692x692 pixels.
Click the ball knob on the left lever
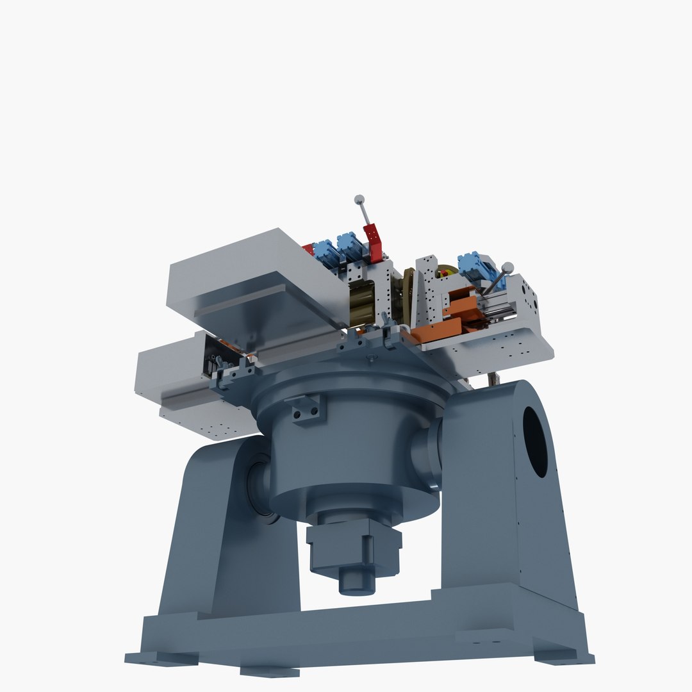pyautogui.click(x=359, y=199)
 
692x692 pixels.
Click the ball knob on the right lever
pyautogui.click(x=507, y=267)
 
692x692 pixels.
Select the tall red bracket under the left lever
pyautogui.click(x=373, y=243)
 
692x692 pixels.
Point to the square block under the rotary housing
pyautogui.click(x=354, y=547)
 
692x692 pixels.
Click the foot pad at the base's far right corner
pyautogui.click(x=564, y=657)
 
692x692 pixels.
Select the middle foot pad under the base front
pyautogui.click(x=270, y=671)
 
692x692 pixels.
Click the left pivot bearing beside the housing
pyautogui.click(x=259, y=487)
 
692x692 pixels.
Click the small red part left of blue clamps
pyautogui.click(x=308, y=249)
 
